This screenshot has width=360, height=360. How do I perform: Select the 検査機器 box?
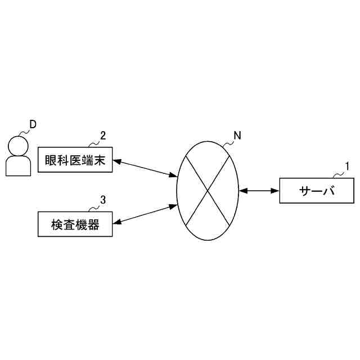[x=75, y=224]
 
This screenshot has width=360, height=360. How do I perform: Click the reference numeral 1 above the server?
[x=347, y=166]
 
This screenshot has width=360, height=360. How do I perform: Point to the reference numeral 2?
[x=103, y=135]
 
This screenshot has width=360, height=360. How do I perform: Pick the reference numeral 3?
[x=103, y=200]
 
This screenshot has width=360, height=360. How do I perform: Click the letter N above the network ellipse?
[x=237, y=135]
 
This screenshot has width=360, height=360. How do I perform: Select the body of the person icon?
[x=19, y=166]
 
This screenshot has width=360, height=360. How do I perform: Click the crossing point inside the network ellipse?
[x=209, y=191]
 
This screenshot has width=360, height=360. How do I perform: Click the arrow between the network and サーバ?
[x=259, y=192]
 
